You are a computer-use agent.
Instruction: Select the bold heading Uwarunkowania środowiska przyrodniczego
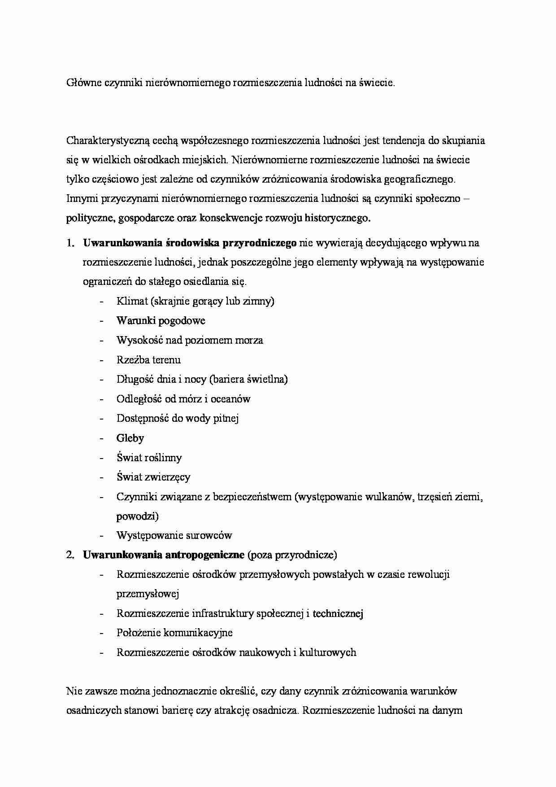tap(189, 243)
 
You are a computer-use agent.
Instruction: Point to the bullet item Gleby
tap(130, 438)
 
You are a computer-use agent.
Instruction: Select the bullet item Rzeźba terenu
tap(148, 360)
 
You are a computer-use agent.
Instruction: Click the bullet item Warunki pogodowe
tap(161, 321)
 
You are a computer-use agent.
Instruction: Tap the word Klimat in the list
tap(132, 301)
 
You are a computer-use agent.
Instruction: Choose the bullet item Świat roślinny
tap(149, 458)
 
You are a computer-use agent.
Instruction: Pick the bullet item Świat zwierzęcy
tap(153, 477)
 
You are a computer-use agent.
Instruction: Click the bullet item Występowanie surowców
tap(174, 535)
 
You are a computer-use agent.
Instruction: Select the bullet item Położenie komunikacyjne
tap(174, 633)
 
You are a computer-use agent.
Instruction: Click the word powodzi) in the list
tap(137, 516)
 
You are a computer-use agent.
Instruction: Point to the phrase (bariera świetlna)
tap(248, 379)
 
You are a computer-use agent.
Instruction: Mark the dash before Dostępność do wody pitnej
tap(102, 419)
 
